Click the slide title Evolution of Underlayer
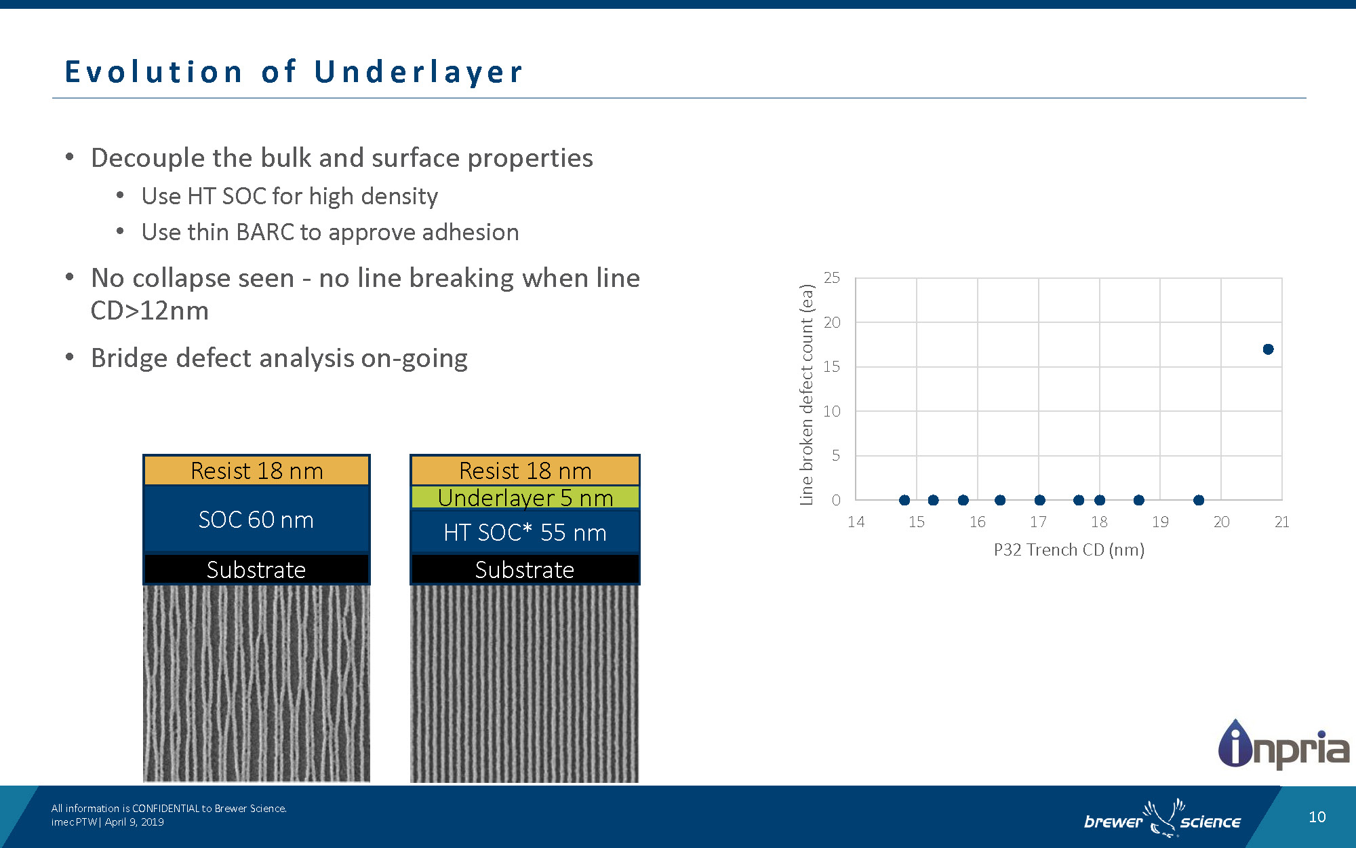pyautogui.click(x=294, y=72)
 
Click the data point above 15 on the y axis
pyautogui.click(x=1268, y=349)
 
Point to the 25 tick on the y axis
pyautogui.click(x=832, y=277)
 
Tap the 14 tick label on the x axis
pyautogui.click(x=856, y=522)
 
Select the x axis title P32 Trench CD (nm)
pyautogui.click(x=1069, y=550)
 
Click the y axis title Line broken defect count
pyautogui.click(x=806, y=394)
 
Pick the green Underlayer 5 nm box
pyautogui.click(x=525, y=497)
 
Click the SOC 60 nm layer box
pyautogui.click(x=256, y=520)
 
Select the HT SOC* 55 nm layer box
pyautogui.click(x=525, y=533)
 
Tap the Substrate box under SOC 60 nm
pyautogui.click(x=256, y=569)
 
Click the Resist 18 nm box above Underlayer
pyautogui.click(x=525, y=470)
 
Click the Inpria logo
pyautogui.click(x=1283, y=746)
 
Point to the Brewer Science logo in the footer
pyautogui.click(x=1162, y=820)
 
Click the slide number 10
pyautogui.click(x=1317, y=817)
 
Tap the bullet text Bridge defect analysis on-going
pyautogui.click(x=279, y=358)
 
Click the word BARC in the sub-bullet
pyautogui.click(x=265, y=232)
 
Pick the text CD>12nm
pyautogui.click(x=150, y=311)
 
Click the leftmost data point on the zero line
pyautogui.click(x=904, y=500)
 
